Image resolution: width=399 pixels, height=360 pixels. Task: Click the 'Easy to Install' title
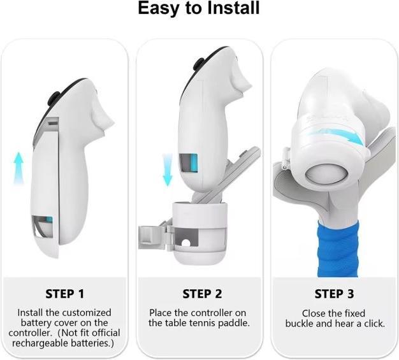198,8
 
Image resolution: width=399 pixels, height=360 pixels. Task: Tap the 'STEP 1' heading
64,294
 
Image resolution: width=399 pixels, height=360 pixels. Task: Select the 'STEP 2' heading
202,294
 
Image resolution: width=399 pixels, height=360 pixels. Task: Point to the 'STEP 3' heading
334,294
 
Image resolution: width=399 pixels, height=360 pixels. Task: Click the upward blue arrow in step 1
18,168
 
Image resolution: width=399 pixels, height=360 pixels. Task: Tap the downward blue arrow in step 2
168,170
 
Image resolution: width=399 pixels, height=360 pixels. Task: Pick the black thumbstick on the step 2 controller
198,64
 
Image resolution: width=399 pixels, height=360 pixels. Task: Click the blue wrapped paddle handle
337,248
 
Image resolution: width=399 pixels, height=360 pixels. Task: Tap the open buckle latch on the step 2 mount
152,237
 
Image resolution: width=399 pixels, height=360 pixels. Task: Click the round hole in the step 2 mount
186,243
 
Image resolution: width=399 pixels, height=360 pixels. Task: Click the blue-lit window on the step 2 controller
189,163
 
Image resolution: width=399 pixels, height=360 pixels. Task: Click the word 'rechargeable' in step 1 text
40,343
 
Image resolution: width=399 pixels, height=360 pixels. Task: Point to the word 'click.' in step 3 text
375,324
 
